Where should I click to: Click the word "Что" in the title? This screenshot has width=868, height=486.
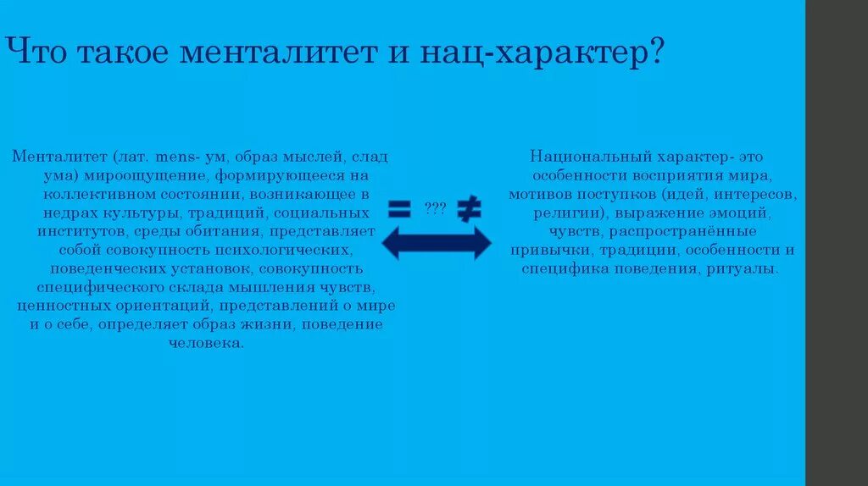tap(38, 53)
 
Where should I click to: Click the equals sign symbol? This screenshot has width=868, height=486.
tap(399, 207)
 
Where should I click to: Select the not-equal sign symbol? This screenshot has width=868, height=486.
tap(469, 207)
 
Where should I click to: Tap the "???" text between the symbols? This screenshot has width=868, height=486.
tap(436, 207)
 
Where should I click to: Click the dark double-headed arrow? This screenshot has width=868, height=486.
tap(436, 243)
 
